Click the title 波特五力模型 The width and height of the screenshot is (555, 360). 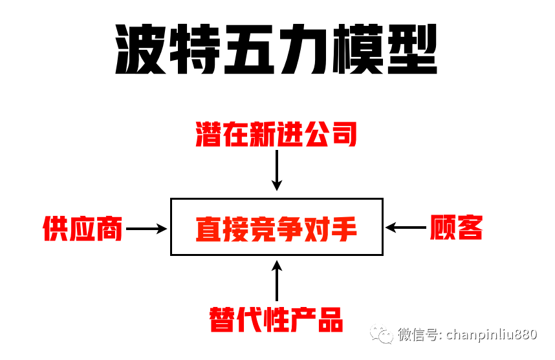click(x=277, y=51)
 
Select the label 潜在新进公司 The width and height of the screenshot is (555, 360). click(x=276, y=134)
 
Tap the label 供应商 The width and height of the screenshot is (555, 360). click(x=83, y=228)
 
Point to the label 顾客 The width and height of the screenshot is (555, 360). click(x=456, y=228)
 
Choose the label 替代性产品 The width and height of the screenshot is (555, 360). click(x=276, y=319)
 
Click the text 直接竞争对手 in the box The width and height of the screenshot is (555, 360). click(x=276, y=229)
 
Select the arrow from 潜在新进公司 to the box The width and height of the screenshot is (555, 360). click(x=277, y=170)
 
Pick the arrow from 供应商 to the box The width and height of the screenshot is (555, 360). click(x=146, y=228)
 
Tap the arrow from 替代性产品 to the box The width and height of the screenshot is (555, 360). click(x=277, y=282)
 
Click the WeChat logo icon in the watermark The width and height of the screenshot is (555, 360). click(x=380, y=335)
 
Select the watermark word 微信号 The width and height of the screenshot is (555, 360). click(x=417, y=335)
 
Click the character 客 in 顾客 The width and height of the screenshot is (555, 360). click(x=470, y=228)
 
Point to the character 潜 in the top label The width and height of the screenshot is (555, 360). click(x=209, y=134)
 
